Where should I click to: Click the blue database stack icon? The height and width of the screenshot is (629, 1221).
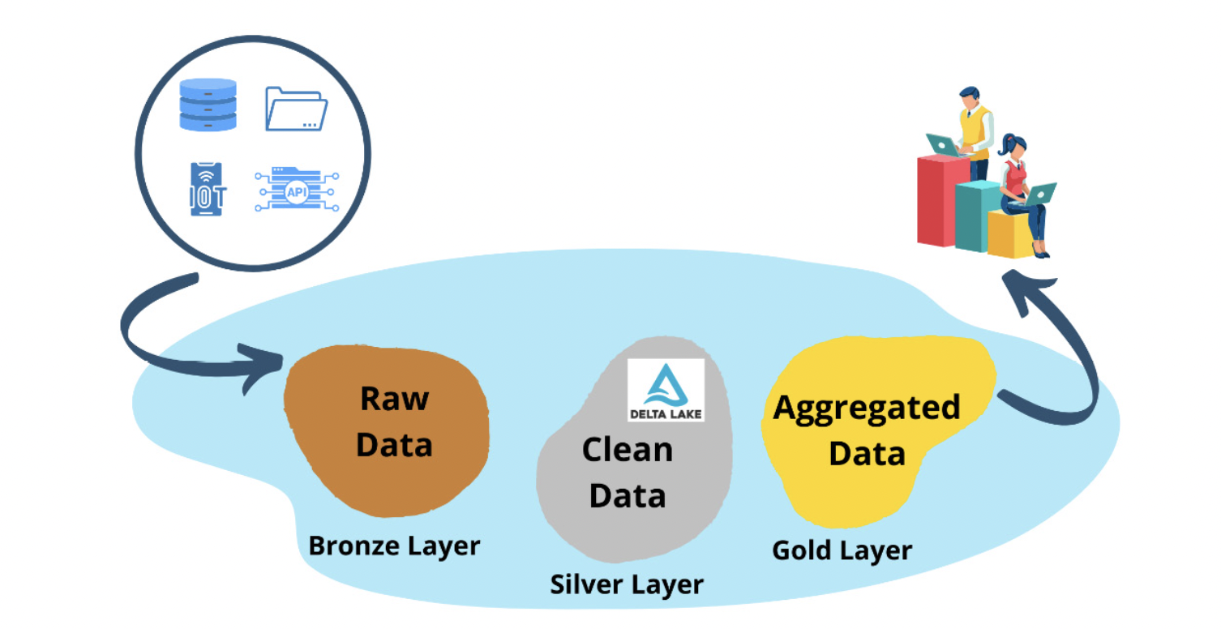[208, 105]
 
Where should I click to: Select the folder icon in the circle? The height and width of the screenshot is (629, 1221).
[296, 109]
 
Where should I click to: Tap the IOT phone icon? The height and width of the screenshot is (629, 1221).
[208, 189]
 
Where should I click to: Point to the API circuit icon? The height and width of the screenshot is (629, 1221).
[296, 190]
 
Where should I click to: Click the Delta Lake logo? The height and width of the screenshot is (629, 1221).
[666, 390]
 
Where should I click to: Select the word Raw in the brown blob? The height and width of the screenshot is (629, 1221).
[395, 399]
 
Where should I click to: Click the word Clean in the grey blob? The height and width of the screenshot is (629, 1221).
[627, 450]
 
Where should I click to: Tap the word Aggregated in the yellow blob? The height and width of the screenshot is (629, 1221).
[866, 407]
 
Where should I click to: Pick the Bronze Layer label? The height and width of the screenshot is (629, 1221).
[394, 546]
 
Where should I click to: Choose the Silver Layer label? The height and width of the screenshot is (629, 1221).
[627, 584]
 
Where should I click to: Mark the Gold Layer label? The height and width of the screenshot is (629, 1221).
[842, 550]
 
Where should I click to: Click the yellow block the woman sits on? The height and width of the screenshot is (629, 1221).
[1009, 234]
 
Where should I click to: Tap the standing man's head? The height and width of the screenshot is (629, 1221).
[968, 96]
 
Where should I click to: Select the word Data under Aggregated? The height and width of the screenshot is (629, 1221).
[866, 454]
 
